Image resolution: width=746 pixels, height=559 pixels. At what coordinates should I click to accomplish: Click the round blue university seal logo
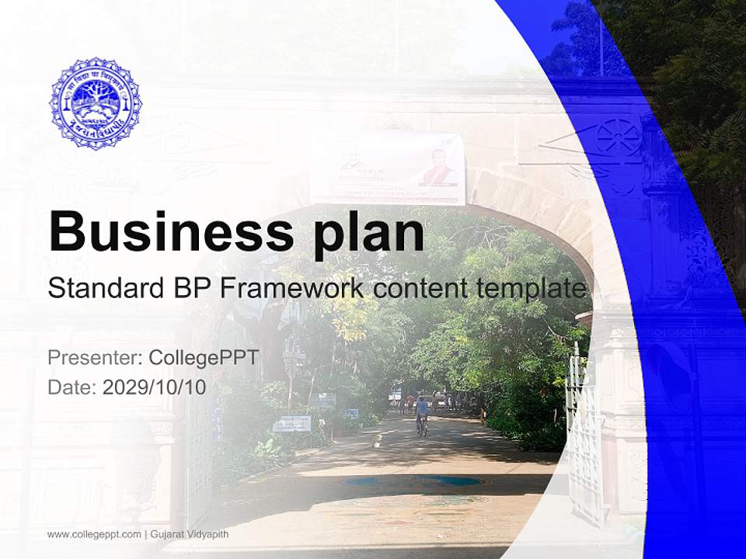click(96, 103)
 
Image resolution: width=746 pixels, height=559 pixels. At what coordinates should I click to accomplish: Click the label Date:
click(72, 387)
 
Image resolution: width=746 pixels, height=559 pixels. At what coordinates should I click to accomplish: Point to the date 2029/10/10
click(155, 387)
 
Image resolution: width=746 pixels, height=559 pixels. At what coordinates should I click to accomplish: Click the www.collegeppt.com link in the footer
click(94, 534)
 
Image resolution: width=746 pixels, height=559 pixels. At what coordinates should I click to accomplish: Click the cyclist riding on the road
click(422, 414)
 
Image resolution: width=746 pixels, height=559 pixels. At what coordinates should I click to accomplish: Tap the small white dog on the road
click(378, 440)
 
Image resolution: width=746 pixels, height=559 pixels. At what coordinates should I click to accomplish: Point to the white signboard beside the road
click(291, 423)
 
